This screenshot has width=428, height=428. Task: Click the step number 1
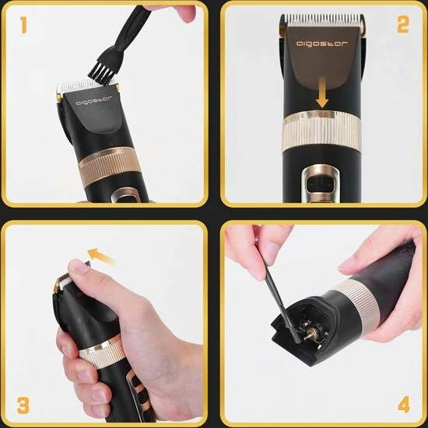(x=24, y=26)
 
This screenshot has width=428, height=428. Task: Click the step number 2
(x=402, y=25)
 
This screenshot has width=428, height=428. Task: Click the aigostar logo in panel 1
(x=93, y=100)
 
